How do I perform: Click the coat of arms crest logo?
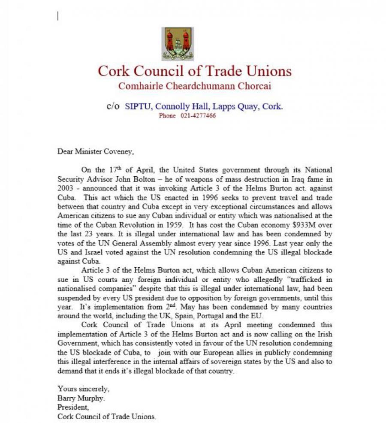click(x=178, y=44)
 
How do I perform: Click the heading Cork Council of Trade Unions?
click(x=194, y=71)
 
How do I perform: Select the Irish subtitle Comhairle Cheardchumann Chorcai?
click(x=194, y=86)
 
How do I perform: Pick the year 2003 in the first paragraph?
click(x=65, y=188)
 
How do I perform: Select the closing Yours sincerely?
click(x=84, y=389)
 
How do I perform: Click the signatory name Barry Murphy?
click(x=78, y=398)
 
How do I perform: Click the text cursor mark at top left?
click(x=58, y=16)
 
